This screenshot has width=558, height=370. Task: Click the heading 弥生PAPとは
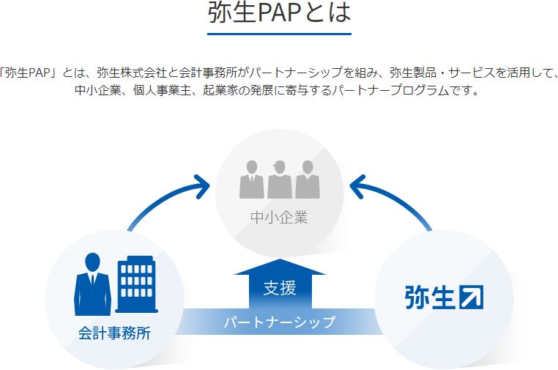pos(279,12)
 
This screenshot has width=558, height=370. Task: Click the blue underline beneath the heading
pos(279,34)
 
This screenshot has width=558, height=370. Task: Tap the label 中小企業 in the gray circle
pos(279,217)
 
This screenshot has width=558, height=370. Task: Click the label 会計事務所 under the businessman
pos(114,333)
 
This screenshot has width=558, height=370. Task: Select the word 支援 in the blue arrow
pos(280,288)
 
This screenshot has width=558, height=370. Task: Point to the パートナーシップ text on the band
pos(280,322)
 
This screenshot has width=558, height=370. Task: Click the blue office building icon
pos(137,284)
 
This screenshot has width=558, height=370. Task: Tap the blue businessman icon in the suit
pos(92,284)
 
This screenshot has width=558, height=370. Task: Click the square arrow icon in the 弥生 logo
pos(471,297)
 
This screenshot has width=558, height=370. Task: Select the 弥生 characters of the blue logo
pos(430,297)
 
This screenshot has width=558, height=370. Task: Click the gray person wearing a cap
pos(280,179)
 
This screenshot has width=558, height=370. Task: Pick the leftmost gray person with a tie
pos(252,179)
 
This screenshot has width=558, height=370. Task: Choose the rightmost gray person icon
pos(308,179)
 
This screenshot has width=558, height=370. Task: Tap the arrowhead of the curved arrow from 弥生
pos(357,186)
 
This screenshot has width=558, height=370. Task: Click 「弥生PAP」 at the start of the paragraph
pos(29,73)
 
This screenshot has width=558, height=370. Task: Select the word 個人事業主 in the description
pos(162,90)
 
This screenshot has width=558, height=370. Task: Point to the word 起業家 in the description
pos(220,90)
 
